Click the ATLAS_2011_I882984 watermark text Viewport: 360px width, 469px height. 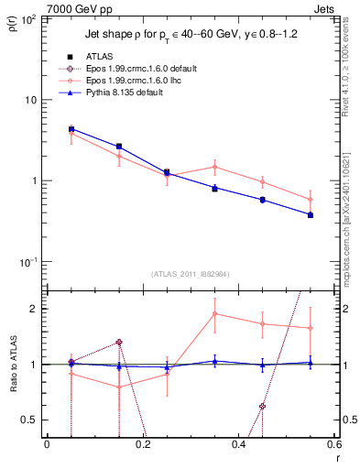pyautogui.click(x=190, y=274)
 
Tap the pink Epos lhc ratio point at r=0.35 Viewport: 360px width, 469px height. pyautogui.click(x=214, y=314)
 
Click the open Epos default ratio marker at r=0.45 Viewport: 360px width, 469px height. pyautogui.click(x=262, y=406)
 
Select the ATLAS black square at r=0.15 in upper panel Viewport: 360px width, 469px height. pyautogui.click(x=119, y=146)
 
